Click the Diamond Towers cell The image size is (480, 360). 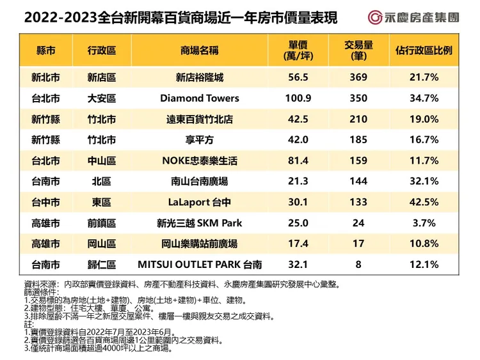pos(199,98)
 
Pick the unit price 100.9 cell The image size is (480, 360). pos(299,98)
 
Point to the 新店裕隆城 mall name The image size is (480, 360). pos(199,77)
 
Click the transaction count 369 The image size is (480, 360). pos(358,77)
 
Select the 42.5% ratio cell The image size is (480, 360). pos(424,202)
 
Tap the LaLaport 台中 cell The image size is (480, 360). pos(199,202)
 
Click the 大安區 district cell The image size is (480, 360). pos(102,98)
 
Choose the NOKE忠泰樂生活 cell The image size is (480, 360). pos(199,160)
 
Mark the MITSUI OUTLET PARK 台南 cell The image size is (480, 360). pos(199,264)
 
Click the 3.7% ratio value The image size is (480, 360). pos(424,223)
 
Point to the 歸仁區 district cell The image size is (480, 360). pos(102,264)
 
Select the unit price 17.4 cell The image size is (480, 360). pos(299,244)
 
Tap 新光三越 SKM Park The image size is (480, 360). pos(199,223)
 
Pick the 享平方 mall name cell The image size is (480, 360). pos(199,139)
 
